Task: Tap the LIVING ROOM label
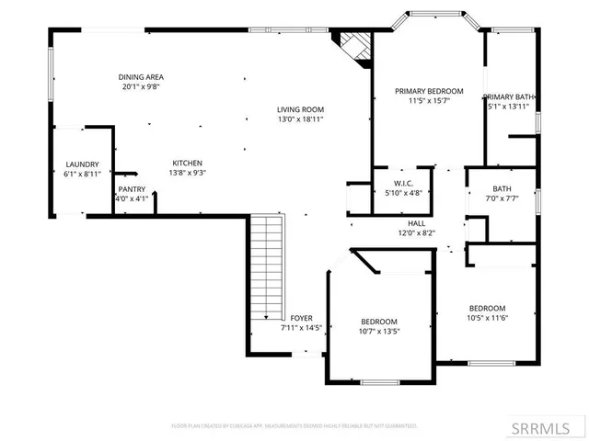pos(301,109)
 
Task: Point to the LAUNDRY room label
pos(82,164)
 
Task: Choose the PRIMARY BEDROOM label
pos(428,91)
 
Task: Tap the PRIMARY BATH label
pos(509,96)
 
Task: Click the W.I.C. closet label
pos(402,183)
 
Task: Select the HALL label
pos(417,223)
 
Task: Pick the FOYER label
pos(301,318)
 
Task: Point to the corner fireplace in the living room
pos(354,47)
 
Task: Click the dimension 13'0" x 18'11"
pos(301,119)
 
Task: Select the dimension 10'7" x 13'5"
pos(379,331)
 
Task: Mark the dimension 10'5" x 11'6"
pos(487,318)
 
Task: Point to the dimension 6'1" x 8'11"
pos(82,173)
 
